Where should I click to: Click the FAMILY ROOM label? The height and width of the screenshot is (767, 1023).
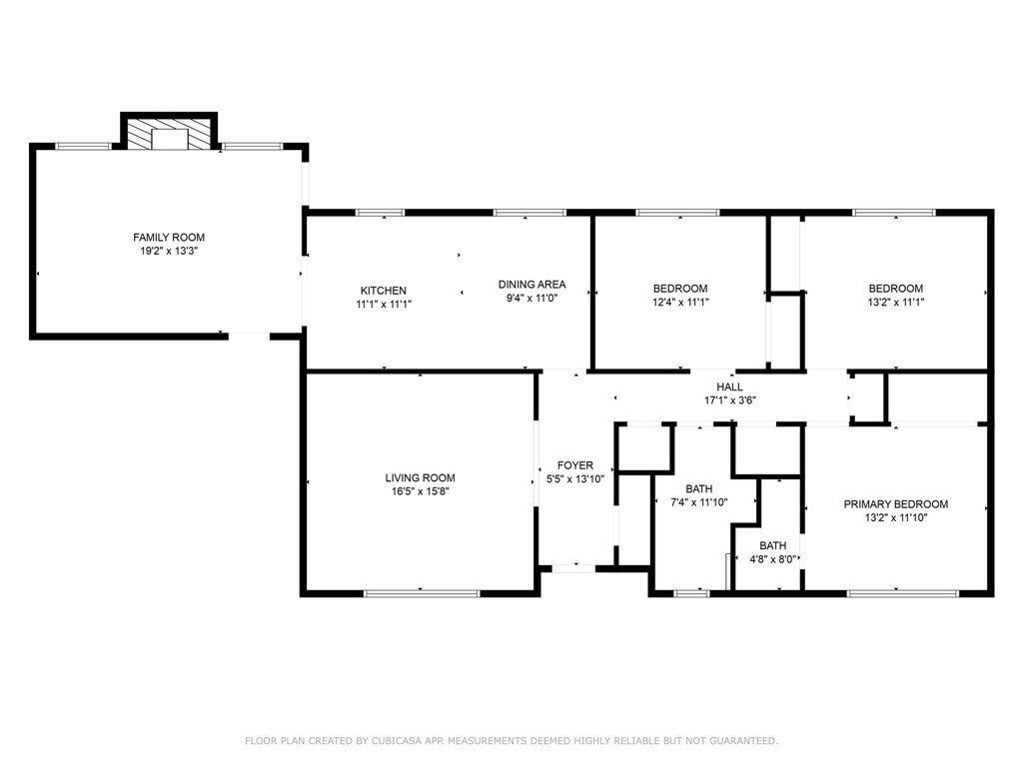pyautogui.click(x=169, y=238)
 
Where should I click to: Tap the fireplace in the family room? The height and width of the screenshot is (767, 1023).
pyautogui.click(x=169, y=134)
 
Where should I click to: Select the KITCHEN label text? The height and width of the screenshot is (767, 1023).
pyautogui.click(x=384, y=291)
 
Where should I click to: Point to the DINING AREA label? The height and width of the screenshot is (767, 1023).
pyautogui.click(x=531, y=285)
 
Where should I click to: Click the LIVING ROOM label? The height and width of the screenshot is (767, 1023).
pyautogui.click(x=421, y=478)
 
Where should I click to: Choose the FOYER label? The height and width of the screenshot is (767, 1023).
pyautogui.click(x=575, y=465)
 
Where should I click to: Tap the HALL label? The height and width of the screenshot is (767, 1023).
pyautogui.click(x=729, y=386)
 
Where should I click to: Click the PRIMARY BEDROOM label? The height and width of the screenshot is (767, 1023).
pyautogui.click(x=896, y=504)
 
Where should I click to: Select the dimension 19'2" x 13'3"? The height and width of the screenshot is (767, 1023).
pyautogui.click(x=169, y=251)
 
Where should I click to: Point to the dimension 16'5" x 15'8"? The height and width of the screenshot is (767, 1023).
pyautogui.click(x=421, y=491)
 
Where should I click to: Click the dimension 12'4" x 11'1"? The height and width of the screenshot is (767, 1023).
pyautogui.click(x=680, y=302)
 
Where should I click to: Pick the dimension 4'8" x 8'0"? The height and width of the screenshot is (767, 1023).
pyautogui.click(x=773, y=559)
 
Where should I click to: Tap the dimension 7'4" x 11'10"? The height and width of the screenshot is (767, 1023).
pyautogui.click(x=699, y=502)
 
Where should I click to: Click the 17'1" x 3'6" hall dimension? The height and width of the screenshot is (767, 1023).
pyautogui.click(x=729, y=400)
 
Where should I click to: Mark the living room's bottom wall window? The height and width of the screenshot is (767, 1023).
pyautogui.click(x=422, y=593)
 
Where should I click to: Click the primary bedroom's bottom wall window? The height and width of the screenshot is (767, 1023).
pyautogui.click(x=903, y=593)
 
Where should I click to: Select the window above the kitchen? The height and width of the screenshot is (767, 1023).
pyautogui.click(x=380, y=213)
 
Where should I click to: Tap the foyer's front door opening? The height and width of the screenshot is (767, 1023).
pyautogui.click(x=573, y=568)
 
